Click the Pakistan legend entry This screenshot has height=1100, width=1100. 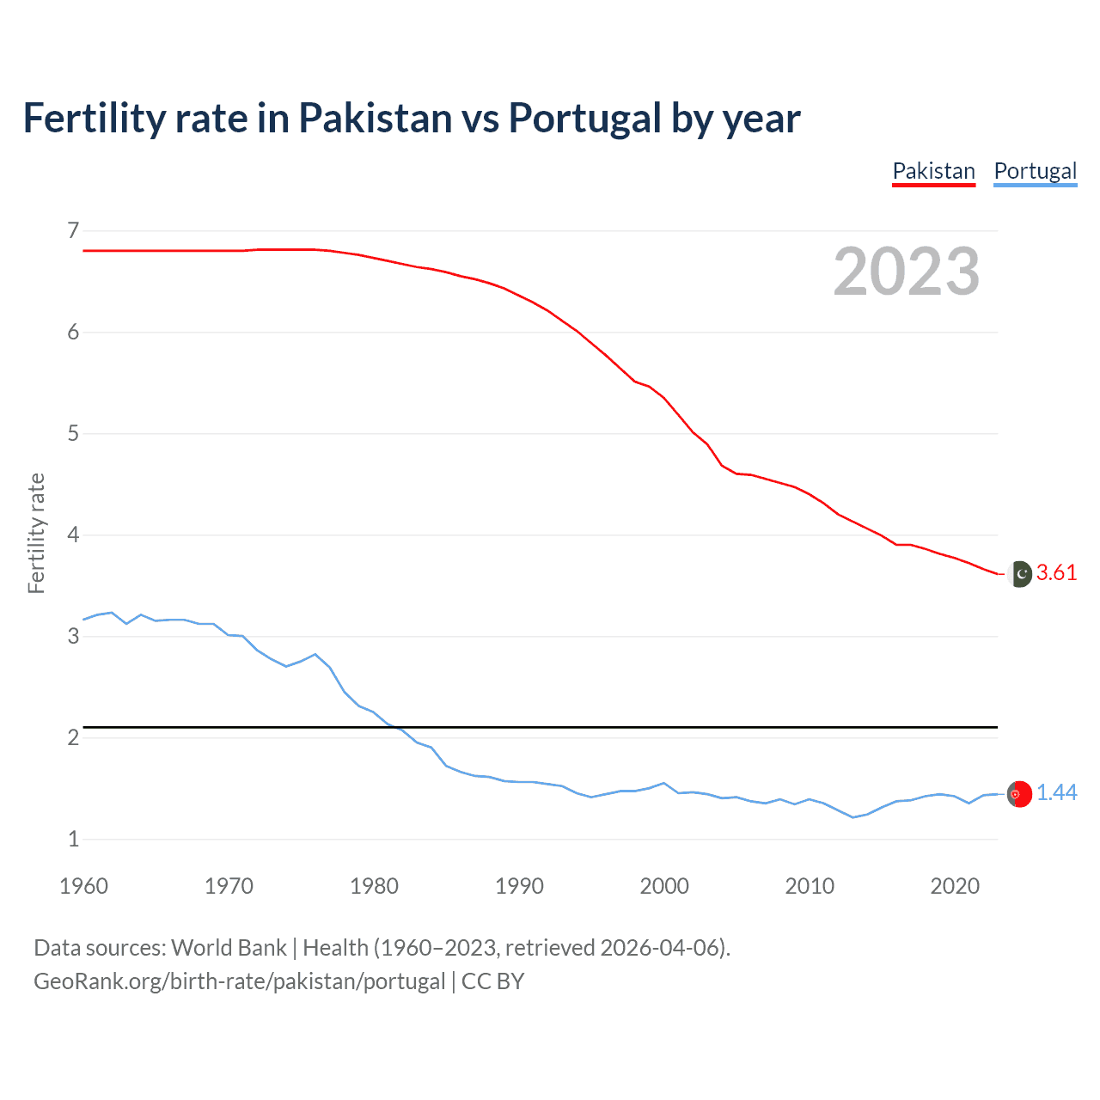(933, 171)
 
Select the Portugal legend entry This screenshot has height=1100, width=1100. (1035, 171)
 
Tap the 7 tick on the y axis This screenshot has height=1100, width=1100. (73, 230)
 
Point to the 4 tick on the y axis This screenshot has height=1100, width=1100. (73, 535)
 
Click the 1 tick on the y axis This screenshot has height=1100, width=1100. (73, 839)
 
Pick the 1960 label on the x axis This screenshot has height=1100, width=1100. (83, 886)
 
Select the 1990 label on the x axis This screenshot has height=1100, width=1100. (519, 886)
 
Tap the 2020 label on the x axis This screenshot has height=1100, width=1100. (955, 886)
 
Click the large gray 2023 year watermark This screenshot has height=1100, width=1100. (906, 272)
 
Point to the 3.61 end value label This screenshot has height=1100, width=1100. (1056, 573)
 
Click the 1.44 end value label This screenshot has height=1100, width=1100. (1056, 793)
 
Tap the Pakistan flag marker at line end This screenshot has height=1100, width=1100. (1019, 573)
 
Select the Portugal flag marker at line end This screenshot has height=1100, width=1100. (1019, 794)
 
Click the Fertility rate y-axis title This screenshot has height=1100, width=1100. (36, 533)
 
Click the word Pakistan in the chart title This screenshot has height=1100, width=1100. (375, 118)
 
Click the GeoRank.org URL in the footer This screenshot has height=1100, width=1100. (239, 981)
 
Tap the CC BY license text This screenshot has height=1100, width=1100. (492, 981)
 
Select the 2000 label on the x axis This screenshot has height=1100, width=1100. (664, 886)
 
